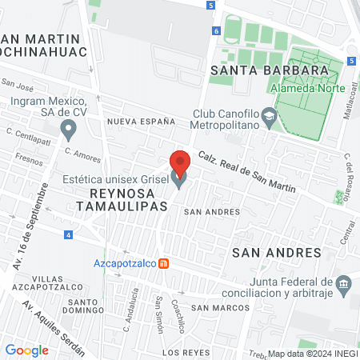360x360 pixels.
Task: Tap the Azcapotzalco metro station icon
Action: pos(163,263)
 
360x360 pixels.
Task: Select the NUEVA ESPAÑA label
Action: pos(141,122)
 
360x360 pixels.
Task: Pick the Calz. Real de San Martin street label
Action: pos(247,172)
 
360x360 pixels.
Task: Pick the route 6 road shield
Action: pos(216,30)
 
